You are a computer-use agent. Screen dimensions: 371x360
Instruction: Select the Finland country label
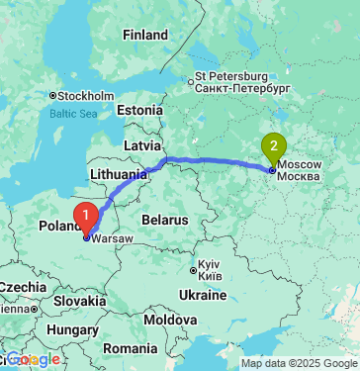point(145,35)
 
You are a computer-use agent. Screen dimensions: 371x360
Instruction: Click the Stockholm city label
point(81,96)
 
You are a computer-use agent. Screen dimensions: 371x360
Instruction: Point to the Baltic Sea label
point(75,114)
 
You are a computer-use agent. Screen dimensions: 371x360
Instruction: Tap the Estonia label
point(138,110)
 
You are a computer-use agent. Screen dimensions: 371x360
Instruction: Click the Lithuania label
point(117,173)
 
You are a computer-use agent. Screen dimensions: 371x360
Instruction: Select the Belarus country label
point(162,218)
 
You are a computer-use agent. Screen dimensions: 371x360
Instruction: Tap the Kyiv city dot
point(194,266)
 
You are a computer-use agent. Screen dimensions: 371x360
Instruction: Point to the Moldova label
point(169,321)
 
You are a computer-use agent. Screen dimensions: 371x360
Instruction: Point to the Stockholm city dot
point(51,96)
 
